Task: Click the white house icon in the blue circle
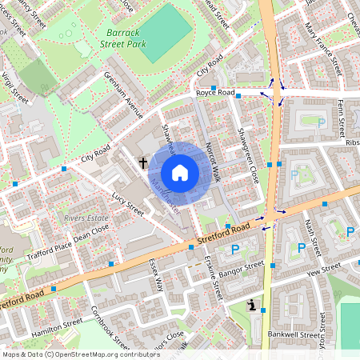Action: point(180,173)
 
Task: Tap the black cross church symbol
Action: point(144,163)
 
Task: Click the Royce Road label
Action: point(215,93)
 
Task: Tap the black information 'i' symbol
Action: point(253,306)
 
